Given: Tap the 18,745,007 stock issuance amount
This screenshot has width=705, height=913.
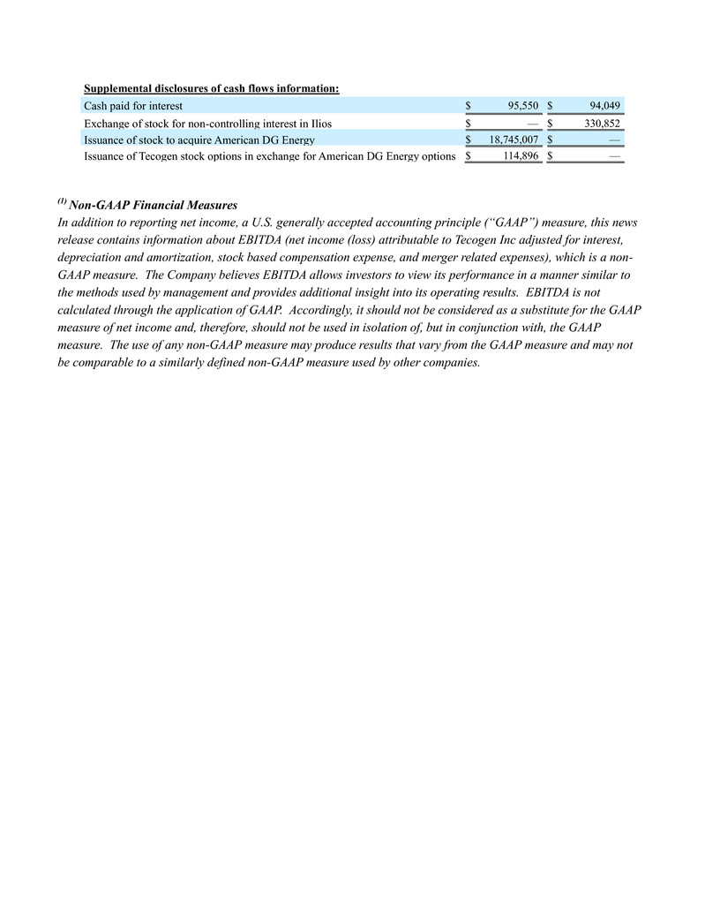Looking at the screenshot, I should (514, 140).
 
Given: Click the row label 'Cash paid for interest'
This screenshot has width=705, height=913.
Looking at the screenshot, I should (132, 106).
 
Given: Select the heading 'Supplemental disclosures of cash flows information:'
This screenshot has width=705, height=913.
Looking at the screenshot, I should (211, 88).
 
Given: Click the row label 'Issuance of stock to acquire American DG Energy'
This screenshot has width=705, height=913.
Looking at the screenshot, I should (199, 140).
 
